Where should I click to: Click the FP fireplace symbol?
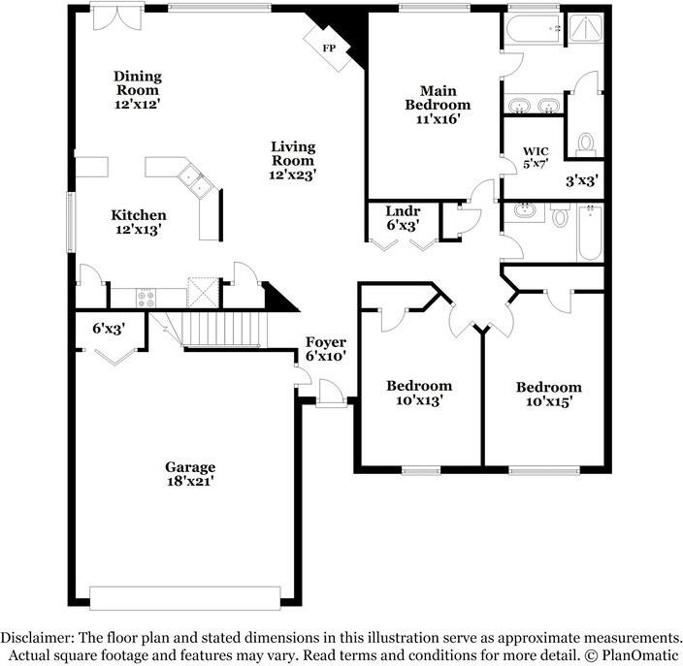coord(328,47)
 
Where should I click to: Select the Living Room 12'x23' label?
coord(292,161)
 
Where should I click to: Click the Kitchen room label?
coord(138,222)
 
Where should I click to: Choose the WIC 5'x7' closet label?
coord(537,158)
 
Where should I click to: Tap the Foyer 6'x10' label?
coord(325,349)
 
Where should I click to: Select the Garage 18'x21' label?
coord(189,473)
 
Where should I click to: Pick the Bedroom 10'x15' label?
coord(548,394)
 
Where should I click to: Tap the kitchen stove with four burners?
coord(147,299)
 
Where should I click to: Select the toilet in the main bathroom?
coord(585,145)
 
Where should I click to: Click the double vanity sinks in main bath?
coord(533,105)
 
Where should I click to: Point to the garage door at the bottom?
coord(184,596)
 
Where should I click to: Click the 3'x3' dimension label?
coord(580,179)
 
